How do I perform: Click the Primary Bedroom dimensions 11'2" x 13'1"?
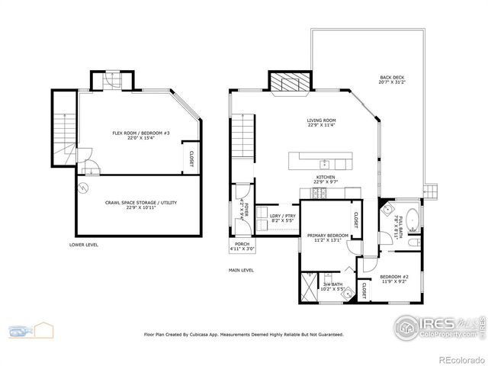pyautogui.click(x=327, y=240)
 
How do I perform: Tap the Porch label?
pyautogui.click(x=242, y=245)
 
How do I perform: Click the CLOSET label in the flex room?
pyautogui.click(x=189, y=158)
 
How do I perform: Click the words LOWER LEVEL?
pyautogui.click(x=83, y=245)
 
